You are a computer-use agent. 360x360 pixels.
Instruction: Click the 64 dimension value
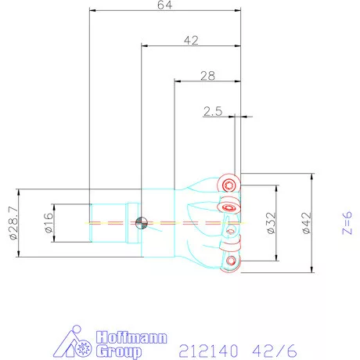[x=164, y=5]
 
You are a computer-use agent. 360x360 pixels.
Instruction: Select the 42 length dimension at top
[x=191, y=41]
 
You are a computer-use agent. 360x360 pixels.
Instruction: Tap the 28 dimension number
[x=207, y=76]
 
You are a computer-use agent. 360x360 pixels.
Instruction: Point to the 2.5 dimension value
[x=213, y=111]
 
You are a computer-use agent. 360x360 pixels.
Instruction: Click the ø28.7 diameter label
[x=13, y=223]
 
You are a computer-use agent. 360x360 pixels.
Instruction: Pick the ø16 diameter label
[x=49, y=223]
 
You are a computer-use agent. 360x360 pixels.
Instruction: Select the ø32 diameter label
[x=272, y=223]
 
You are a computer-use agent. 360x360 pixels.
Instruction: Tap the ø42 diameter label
[x=307, y=223]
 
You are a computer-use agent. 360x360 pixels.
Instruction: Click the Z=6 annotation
[x=347, y=223]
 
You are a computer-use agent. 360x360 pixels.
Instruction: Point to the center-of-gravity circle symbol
[x=142, y=223]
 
